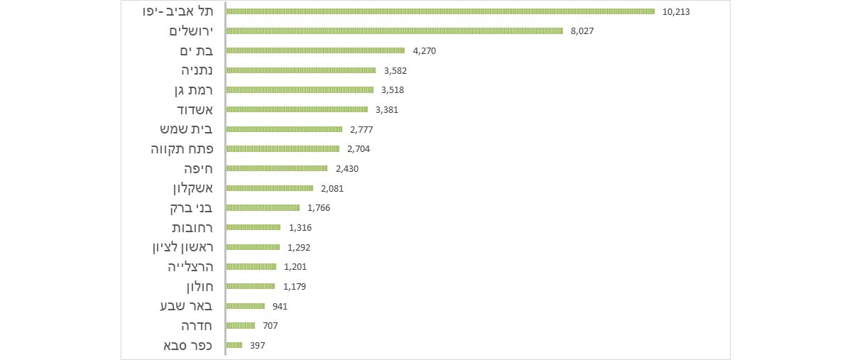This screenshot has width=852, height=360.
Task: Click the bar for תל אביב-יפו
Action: click(x=440, y=11)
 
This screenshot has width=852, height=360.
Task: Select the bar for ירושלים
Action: click(x=395, y=31)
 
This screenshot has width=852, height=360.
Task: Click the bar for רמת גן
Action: click(x=300, y=90)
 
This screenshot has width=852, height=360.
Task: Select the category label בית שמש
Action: click(x=186, y=129)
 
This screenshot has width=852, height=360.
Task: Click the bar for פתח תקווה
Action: click(x=283, y=148)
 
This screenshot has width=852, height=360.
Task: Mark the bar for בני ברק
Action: click(x=263, y=207)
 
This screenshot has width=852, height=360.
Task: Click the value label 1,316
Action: click(x=300, y=228)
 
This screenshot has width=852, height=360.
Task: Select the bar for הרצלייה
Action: click(x=251, y=266)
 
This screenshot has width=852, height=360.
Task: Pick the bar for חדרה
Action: click(x=241, y=326)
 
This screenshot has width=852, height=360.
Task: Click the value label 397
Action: click(x=257, y=346)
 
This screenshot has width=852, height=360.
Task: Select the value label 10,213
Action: click(x=676, y=12)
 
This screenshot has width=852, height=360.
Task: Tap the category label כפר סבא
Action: click(x=188, y=346)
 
